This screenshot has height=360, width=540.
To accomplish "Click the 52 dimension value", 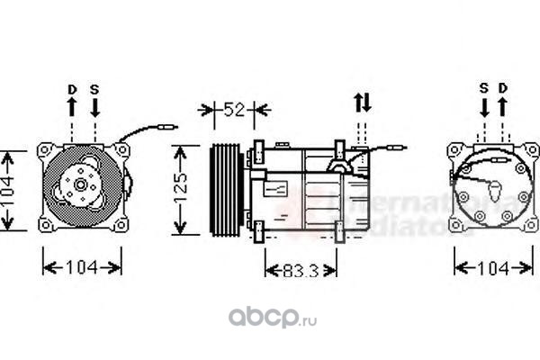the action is pos(234,110).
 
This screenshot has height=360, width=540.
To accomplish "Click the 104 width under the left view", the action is pos(83,268).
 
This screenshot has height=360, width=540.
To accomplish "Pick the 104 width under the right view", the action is pos(492,268).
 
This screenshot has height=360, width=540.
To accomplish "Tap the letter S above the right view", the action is pos(483,88).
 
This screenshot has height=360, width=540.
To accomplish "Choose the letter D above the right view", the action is pos(504,88).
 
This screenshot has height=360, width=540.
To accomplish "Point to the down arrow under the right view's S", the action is pos(483,106).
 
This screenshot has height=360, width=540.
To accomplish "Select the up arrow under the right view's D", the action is pos(504,106).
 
